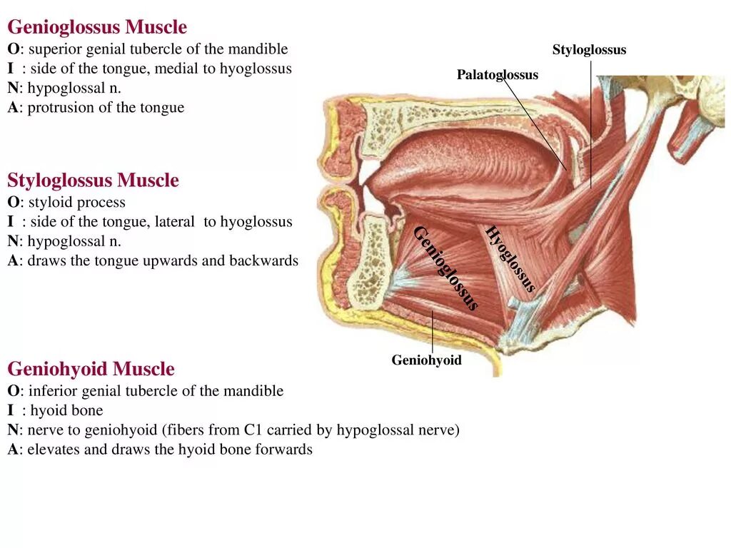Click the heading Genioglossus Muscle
(97, 28)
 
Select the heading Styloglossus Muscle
(93, 181)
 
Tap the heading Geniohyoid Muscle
(91, 369)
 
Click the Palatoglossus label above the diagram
(498, 75)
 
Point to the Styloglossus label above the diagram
(589, 50)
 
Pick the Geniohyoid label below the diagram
(426, 360)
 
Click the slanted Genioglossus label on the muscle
(445, 268)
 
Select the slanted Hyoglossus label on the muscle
(510, 259)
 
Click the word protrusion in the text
(55, 108)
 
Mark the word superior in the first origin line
(54, 49)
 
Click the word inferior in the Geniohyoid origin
(52, 391)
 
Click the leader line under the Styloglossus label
(590, 121)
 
